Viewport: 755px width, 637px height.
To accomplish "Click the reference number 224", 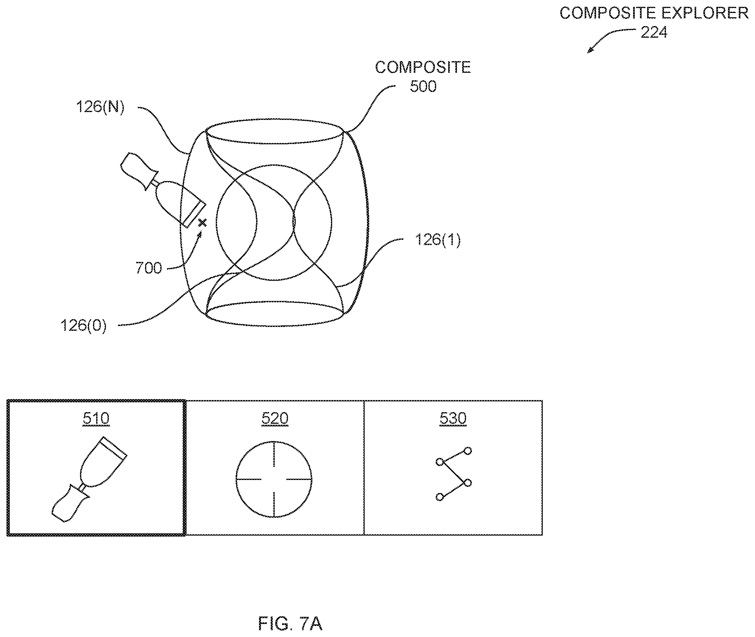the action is pos(654,32).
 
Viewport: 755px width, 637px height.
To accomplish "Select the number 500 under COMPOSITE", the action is pos(423,86).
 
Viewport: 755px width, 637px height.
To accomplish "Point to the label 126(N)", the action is pos(100,107).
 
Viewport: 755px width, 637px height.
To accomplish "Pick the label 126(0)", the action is pos(84,326).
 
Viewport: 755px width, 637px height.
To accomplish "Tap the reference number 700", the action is pos(149,268).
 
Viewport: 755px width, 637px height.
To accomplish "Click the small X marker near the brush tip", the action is pos(202,223).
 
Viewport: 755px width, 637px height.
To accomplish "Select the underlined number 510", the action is pos(96,418).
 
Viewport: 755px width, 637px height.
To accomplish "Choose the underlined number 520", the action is pos(275,418).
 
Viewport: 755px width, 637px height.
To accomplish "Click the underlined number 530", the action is pos(453,418).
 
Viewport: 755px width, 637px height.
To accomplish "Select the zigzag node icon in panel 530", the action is pos(453,474).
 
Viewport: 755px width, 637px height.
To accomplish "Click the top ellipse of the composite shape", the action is pos(274,119).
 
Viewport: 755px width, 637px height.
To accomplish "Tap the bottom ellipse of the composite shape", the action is pos(274,326).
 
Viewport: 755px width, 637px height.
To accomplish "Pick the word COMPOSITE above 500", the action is pos(423,68).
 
